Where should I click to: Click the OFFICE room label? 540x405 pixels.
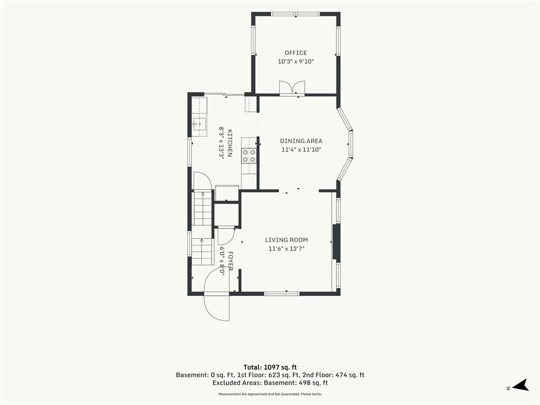pyautogui.click(x=295, y=53)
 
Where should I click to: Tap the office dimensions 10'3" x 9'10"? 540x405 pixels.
pyautogui.click(x=296, y=62)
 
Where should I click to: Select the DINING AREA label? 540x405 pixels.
pyautogui.click(x=301, y=141)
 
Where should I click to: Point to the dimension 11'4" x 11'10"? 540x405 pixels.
pyautogui.click(x=301, y=150)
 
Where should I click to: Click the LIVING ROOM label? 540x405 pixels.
pyautogui.click(x=286, y=240)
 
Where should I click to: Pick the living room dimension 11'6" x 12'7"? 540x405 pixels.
pyautogui.click(x=286, y=249)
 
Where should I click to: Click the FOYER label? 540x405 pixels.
pyautogui.click(x=230, y=261)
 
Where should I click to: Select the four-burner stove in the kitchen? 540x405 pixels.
pyautogui.click(x=249, y=155)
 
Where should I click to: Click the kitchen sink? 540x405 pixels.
pyautogui.click(x=199, y=124)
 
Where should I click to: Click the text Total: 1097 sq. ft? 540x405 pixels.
pyautogui.click(x=270, y=367)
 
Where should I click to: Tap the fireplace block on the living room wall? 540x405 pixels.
pyautogui.click(x=336, y=242)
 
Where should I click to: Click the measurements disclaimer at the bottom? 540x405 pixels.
pyautogui.click(x=270, y=394)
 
